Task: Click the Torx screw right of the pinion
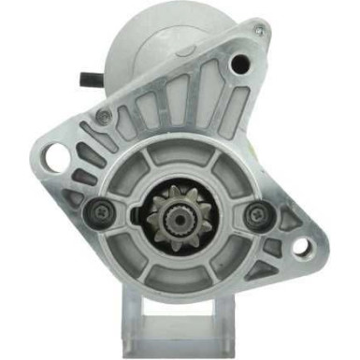(252, 214)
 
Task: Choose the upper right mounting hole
(240, 64)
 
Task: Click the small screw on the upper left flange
(104, 115)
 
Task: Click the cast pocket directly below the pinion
(177, 278)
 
